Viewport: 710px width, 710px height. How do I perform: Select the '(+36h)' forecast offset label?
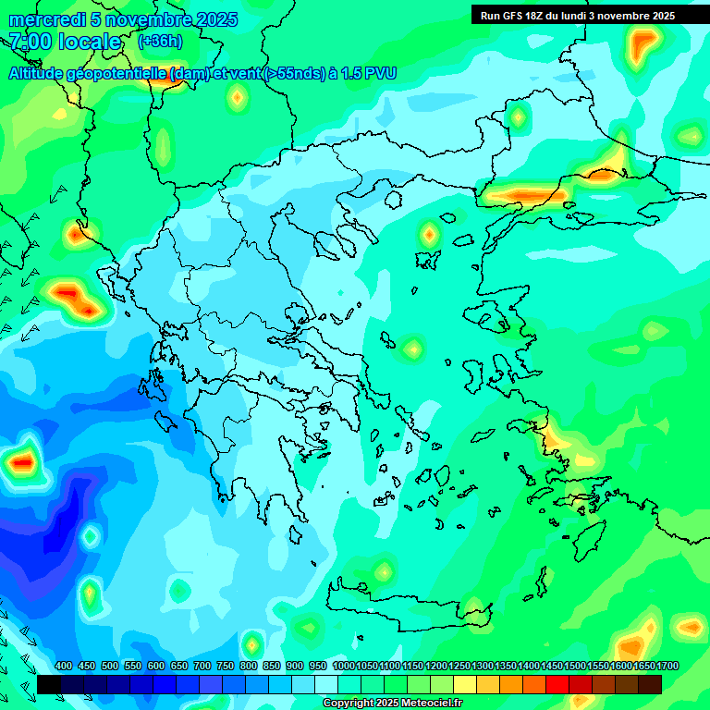click(160, 42)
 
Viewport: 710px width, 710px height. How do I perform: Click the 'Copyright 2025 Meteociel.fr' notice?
click(392, 704)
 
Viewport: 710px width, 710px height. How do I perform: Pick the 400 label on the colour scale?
click(64, 666)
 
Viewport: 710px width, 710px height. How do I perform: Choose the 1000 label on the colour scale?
click(344, 666)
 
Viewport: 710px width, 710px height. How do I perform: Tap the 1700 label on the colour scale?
click(667, 666)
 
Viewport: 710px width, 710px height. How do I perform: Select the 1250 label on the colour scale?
click(459, 666)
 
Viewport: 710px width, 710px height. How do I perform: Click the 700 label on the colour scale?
click(202, 666)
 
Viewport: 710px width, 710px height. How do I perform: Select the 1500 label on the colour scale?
click(575, 666)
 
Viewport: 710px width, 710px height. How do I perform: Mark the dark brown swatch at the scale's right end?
click(650, 684)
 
